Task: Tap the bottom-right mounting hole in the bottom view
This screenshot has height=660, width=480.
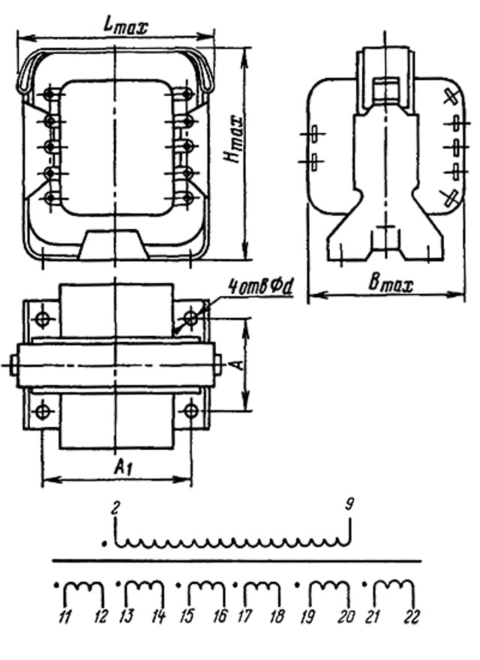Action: [x=191, y=410]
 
